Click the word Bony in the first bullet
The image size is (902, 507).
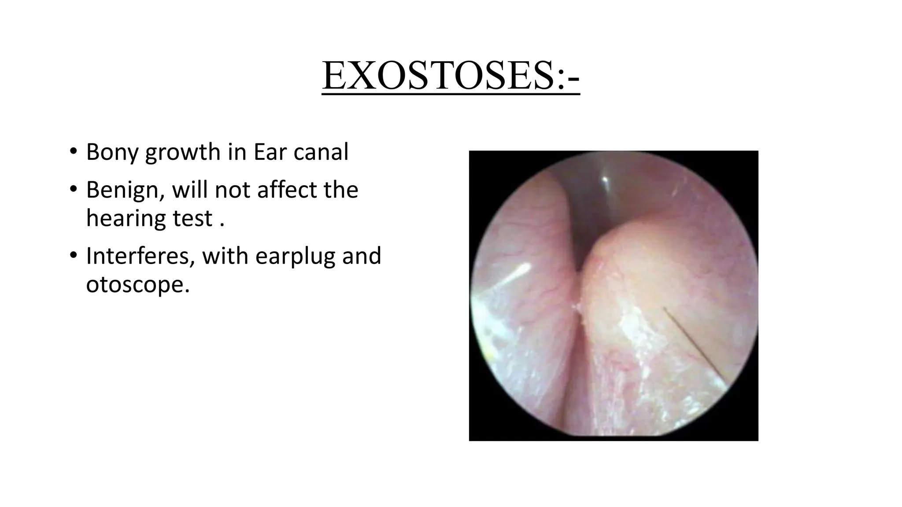[x=112, y=152]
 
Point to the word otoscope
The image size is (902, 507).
[x=137, y=285]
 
